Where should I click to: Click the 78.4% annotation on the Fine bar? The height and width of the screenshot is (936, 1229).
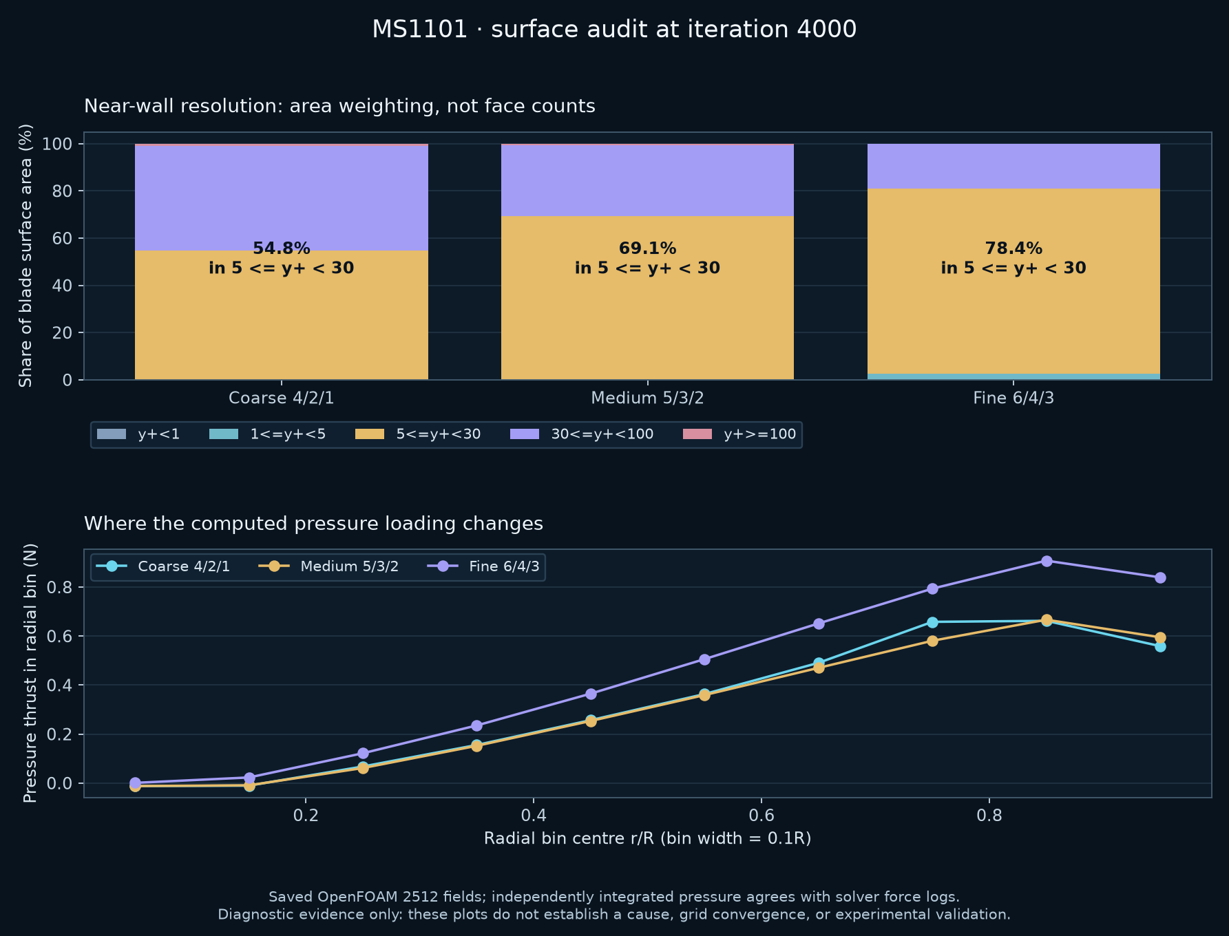[x=1013, y=248]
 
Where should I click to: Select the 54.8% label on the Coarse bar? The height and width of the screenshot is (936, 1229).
[x=282, y=248]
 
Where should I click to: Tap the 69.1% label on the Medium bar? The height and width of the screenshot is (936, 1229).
[x=647, y=248]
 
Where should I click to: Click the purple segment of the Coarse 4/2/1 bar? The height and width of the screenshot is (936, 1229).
[x=282, y=198]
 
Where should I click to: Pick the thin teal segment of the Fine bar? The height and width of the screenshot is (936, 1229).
[x=1013, y=376]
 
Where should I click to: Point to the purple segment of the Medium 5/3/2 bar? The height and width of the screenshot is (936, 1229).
[x=647, y=180]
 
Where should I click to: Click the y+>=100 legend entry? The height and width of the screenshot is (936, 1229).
[x=739, y=434]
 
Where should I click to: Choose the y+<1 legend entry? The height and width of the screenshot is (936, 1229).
[x=138, y=434]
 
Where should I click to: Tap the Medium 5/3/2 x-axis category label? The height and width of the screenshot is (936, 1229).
[x=647, y=398]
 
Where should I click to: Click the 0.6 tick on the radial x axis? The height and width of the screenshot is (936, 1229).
[x=761, y=816]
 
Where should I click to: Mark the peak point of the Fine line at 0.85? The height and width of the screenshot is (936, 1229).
[x=1047, y=561]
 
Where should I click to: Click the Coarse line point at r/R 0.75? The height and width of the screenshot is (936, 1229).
[x=932, y=622]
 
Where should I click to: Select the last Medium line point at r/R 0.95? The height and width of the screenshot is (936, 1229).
[x=1160, y=637]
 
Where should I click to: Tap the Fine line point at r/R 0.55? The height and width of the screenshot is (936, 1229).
[x=704, y=659]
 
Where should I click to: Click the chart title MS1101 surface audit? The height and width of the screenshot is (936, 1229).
[x=614, y=30]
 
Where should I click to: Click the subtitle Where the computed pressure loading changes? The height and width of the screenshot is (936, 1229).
[x=313, y=524]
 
